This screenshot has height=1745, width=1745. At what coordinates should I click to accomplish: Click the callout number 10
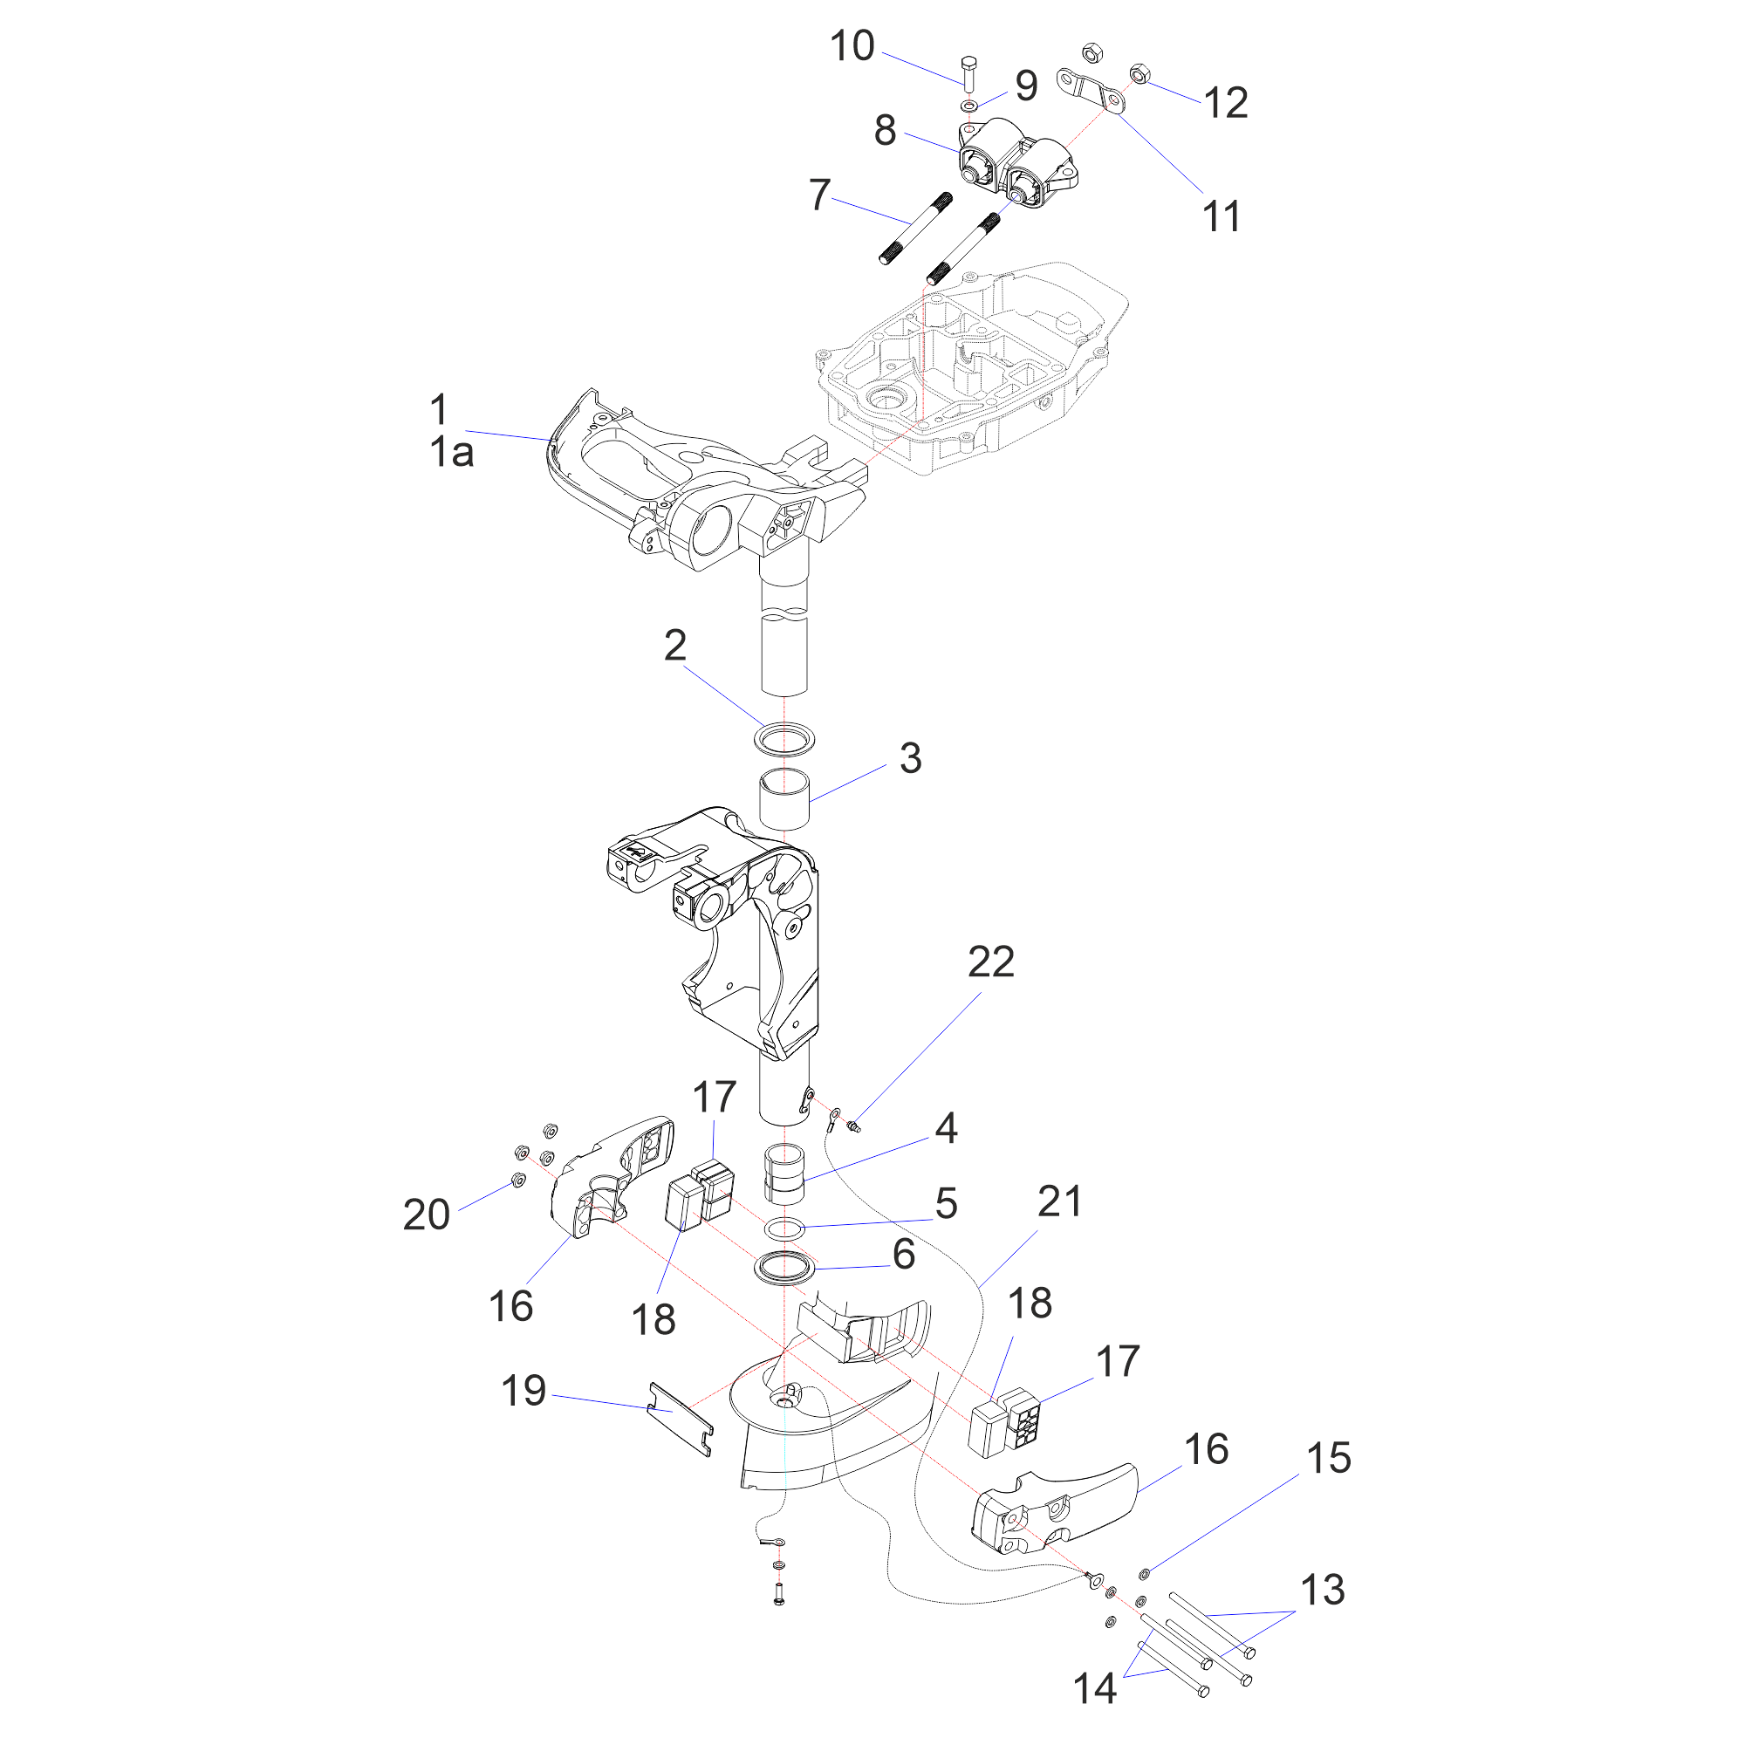[852, 46]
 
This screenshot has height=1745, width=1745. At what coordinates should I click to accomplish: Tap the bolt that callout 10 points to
[968, 72]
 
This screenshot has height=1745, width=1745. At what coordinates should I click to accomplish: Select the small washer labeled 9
[969, 107]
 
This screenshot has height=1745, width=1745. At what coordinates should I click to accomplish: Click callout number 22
[991, 963]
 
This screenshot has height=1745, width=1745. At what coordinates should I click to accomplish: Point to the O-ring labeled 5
[784, 1228]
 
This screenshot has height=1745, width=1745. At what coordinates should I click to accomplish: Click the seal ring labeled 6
[784, 1267]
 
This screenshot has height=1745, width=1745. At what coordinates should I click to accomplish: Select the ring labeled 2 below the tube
[784, 739]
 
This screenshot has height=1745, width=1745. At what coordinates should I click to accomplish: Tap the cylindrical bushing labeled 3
[784, 797]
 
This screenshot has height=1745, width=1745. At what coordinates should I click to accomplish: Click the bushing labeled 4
[784, 1174]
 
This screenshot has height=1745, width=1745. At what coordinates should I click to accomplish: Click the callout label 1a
[452, 453]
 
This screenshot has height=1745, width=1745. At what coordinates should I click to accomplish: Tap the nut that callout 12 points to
[1139, 73]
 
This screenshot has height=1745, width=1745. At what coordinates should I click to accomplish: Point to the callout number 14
[1095, 1688]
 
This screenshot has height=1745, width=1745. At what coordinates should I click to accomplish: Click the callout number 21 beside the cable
[1059, 1202]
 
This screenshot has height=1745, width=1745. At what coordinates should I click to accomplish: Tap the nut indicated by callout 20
[518, 1180]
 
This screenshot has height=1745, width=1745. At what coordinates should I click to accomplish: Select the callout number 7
[819, 195]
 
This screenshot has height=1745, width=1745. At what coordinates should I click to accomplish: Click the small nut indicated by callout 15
[1145, 1574]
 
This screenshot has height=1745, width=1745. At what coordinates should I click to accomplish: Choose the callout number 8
[885, 131]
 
